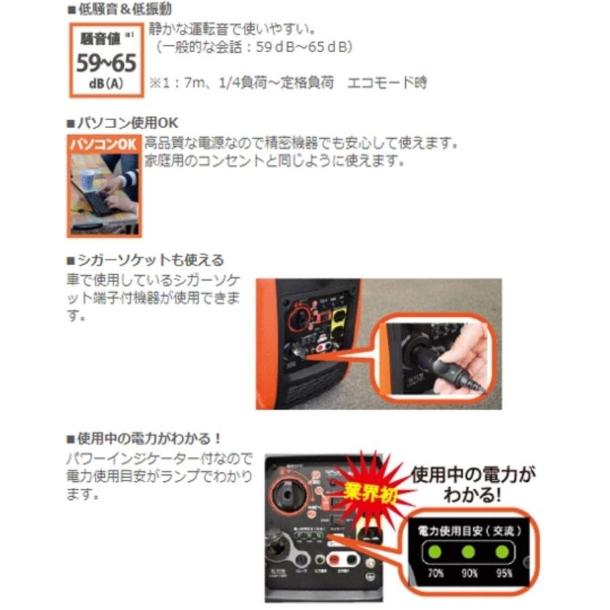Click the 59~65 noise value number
[106, 63]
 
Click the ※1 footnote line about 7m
[288, 82]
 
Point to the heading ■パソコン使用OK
[122, 123]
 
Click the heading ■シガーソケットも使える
[145, 260]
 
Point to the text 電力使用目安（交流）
[465, 529]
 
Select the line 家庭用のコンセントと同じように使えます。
[274, 161]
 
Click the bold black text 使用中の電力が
[473, 472]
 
